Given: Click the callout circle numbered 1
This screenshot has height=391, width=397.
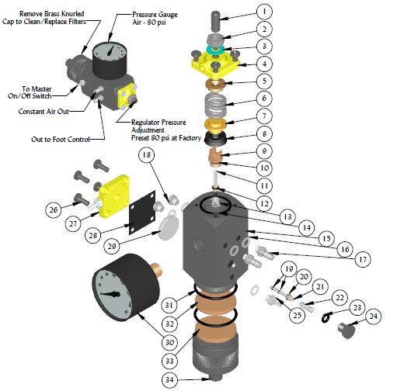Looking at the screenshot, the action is pyautogui.click(x=264, y=12).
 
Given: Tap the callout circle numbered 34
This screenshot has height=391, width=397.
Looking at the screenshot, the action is pyautogui.click(x=169, y=379).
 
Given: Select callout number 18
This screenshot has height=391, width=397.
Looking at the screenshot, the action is pyautogui.click(x=147, y=155).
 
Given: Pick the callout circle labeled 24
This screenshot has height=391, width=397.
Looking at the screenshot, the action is pyautogui.click(x=373, y=317).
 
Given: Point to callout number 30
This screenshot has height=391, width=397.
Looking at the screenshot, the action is pyautogui.click(x=169, y=342).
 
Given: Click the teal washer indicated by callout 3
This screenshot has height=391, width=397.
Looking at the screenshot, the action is pyautogui.click(x=214, y=50).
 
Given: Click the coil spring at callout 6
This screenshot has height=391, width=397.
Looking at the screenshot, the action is pyautogui.click(x=215, y=105).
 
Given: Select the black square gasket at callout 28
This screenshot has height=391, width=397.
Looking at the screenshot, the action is pyautogui.click(x=142, y=213).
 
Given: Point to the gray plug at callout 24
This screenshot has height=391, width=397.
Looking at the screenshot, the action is pyautogui.click(x=347, y=330).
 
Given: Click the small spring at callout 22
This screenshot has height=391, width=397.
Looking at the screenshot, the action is pyautogui.click(x=307, y=306).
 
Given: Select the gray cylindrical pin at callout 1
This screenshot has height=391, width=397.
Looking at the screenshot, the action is pyautogui.click(x=216, y=20).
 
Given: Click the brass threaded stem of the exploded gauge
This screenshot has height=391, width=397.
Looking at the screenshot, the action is pyautogui.click(x=156, y=270).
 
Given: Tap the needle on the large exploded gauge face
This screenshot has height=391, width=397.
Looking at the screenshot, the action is pyautogui.click(x=110, y=294).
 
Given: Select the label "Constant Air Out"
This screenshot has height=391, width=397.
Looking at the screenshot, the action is pyautogui.click(x=44, y=112).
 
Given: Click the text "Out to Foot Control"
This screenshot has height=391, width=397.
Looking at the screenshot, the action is pyautogui.click(x=61, y=140).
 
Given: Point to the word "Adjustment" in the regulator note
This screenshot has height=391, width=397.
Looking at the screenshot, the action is pyautogui.click(x=148, y=130).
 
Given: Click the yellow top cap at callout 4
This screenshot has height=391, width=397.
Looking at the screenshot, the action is pyautogui.click(x=215, y=64).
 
